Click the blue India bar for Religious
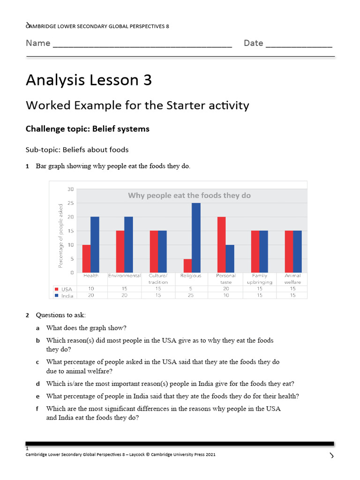coord(196,238)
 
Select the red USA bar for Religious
coord(187,265)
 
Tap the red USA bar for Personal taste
coord(221,245)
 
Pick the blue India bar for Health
coord(95,245)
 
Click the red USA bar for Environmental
coord(120,252)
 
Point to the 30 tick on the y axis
coord(71,189)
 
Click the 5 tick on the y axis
coord(72,259)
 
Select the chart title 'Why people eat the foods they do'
coord(189,195)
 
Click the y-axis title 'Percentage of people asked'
coord(60,236)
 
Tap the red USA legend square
coord(56,289)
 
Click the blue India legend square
coord(56,296)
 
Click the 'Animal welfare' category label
coord(293,279)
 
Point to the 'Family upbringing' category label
coord(259,279)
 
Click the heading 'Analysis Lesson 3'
coord(89,80)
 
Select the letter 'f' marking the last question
coord(37,409)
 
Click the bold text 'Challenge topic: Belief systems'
coord(88,129)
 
